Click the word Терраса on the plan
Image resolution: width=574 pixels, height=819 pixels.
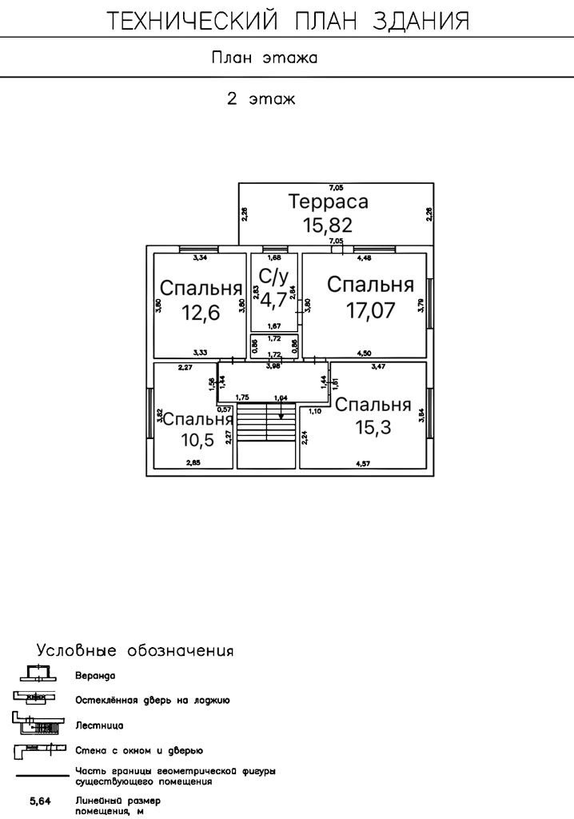[328, 202]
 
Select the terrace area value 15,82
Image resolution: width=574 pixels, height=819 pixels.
[328, 225]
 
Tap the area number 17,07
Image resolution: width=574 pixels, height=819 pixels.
[370, 310]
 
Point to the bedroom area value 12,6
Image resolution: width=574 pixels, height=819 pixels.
[200, 312]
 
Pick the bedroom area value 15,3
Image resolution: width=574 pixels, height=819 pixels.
[373, 428]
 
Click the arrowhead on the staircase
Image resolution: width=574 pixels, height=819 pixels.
[281, 415]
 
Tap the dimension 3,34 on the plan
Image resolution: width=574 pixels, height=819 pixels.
[201, 258]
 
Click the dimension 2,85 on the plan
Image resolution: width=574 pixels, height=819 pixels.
[193, 463]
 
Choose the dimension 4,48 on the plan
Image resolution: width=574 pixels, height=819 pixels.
[364, 258]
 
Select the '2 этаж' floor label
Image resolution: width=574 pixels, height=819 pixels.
[261, 100]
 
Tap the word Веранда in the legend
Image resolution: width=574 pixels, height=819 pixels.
[95, 676]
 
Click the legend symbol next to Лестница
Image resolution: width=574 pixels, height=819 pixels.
[36, 725]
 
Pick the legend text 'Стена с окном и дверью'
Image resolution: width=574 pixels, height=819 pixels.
[138, 750]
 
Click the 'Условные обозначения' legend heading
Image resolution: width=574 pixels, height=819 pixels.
[135, 649]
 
